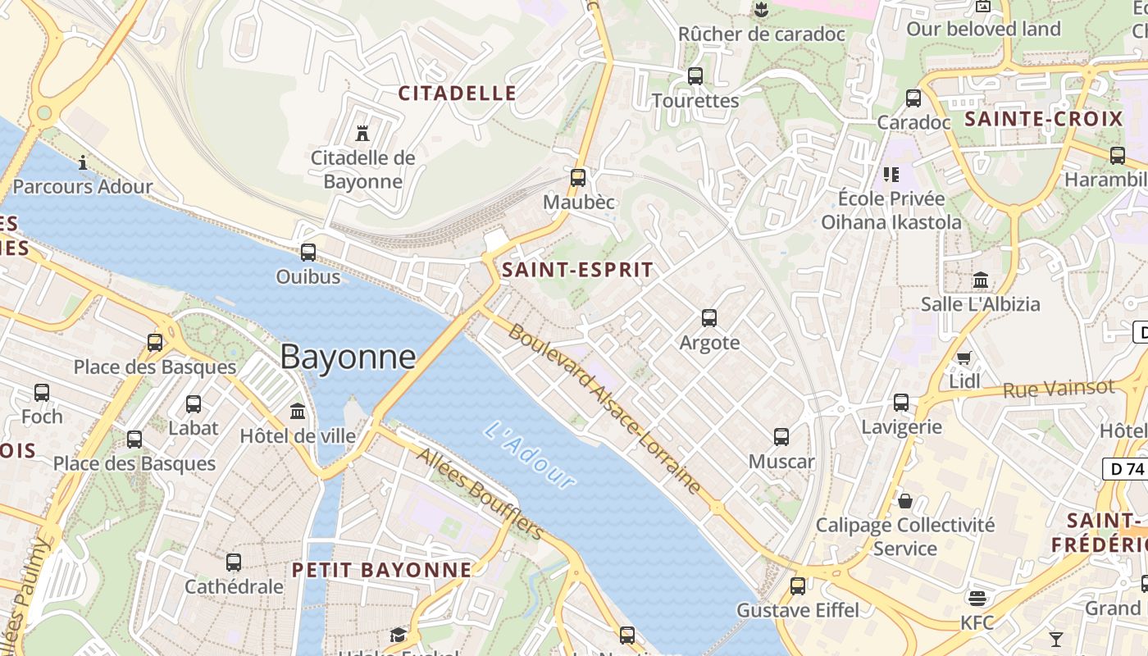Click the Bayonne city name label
(348, 358)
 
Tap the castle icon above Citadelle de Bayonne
(362, 132)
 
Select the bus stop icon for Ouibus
(308, 253)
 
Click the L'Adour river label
(530, 455)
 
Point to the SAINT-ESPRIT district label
(578, 270)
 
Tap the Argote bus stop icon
(709, 318)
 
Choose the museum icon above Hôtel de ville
(298, 411)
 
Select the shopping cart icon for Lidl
(964, 358)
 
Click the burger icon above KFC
(977, 598)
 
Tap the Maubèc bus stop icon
(578, 177)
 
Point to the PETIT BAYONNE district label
(382, 570)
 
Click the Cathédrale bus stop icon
(234, 563)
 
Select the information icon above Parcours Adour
(82, 162)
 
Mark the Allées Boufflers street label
(481, 494)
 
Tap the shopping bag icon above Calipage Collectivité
(905, 500)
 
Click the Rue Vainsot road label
(1059, 389)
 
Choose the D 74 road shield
(1123, 469)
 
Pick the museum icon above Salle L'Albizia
(981, 280)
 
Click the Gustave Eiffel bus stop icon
(798, 586)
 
